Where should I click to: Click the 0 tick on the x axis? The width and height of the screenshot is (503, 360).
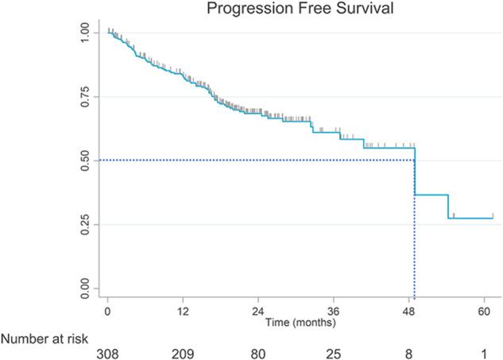107,312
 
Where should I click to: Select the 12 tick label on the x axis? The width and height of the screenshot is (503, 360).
183,312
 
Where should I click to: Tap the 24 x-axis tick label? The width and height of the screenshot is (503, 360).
258,312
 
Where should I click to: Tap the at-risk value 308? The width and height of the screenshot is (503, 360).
107,352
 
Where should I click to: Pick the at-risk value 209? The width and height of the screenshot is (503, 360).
183,352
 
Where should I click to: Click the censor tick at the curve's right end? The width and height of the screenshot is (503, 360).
492,215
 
